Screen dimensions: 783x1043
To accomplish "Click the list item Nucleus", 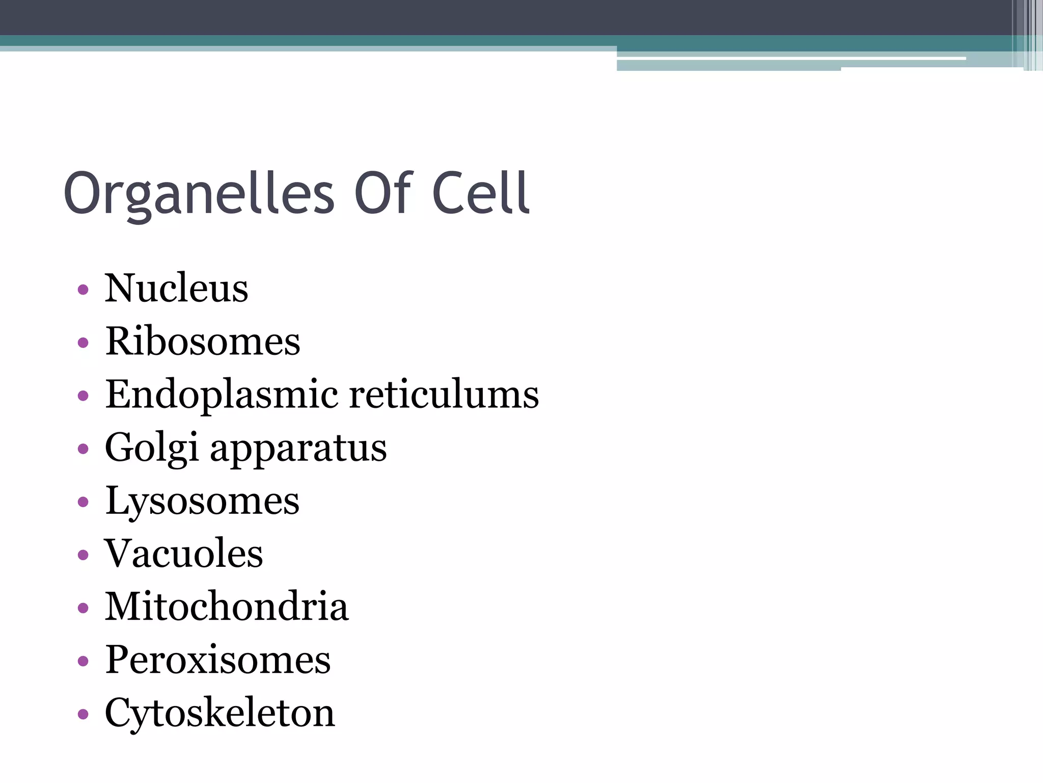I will pos(176,289).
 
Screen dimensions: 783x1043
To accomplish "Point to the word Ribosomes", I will pos(202,342).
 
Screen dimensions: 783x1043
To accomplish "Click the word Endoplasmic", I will pos(221,395).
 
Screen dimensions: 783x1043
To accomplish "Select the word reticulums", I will pos(444,395).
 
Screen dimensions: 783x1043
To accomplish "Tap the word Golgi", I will pos(151,448).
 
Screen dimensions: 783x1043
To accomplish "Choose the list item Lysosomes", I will pos(202,502).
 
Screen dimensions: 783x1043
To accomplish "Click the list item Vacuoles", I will pos(183,554).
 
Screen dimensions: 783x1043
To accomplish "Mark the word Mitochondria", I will pos(226,607).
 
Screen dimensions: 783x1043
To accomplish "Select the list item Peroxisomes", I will pos(217,660).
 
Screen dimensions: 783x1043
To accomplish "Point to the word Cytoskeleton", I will pos(219,714).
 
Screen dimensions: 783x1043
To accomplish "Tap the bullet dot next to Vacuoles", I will pos(83,555).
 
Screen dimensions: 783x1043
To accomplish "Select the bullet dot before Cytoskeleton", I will pos(83,714).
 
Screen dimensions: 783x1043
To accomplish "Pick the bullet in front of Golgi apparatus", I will pos(83,449).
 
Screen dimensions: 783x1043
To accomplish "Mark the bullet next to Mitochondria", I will pos(83,608).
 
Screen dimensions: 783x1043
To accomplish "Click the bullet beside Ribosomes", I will pos(83,343).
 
